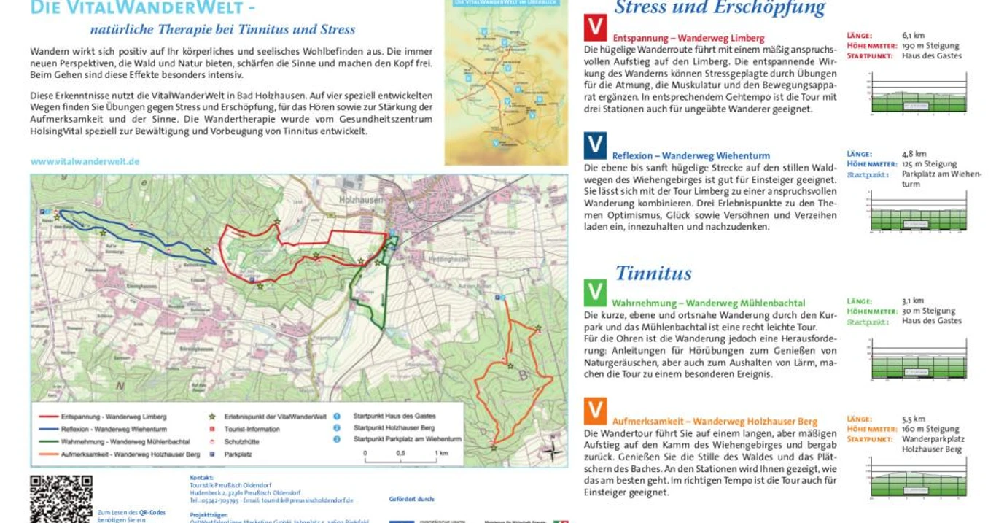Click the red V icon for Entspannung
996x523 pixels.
pyautogui.click(x=596, y=28)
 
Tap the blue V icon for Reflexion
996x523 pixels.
pyautogui.click(x=596, y=145)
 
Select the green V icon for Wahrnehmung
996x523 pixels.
pyautogui.click(x=596, y=293)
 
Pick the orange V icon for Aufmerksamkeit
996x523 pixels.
pyautogui.click(x=596, y=411)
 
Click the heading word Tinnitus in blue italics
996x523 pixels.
pyautogui.click(x=653, y=274)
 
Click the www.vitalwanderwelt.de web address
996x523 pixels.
pyautogui.click(x=85, y=161)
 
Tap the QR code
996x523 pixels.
pyautogui.click(x=61, y=500)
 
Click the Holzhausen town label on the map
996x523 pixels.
pyautogui.click(x=360, y=198)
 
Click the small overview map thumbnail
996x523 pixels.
pyautogui.click(x=506, y=82)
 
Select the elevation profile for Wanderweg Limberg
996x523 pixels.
pyautogui.click(x=918, y=93)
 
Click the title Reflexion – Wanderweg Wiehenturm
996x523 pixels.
pyautogui.click(x=690, y=155)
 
